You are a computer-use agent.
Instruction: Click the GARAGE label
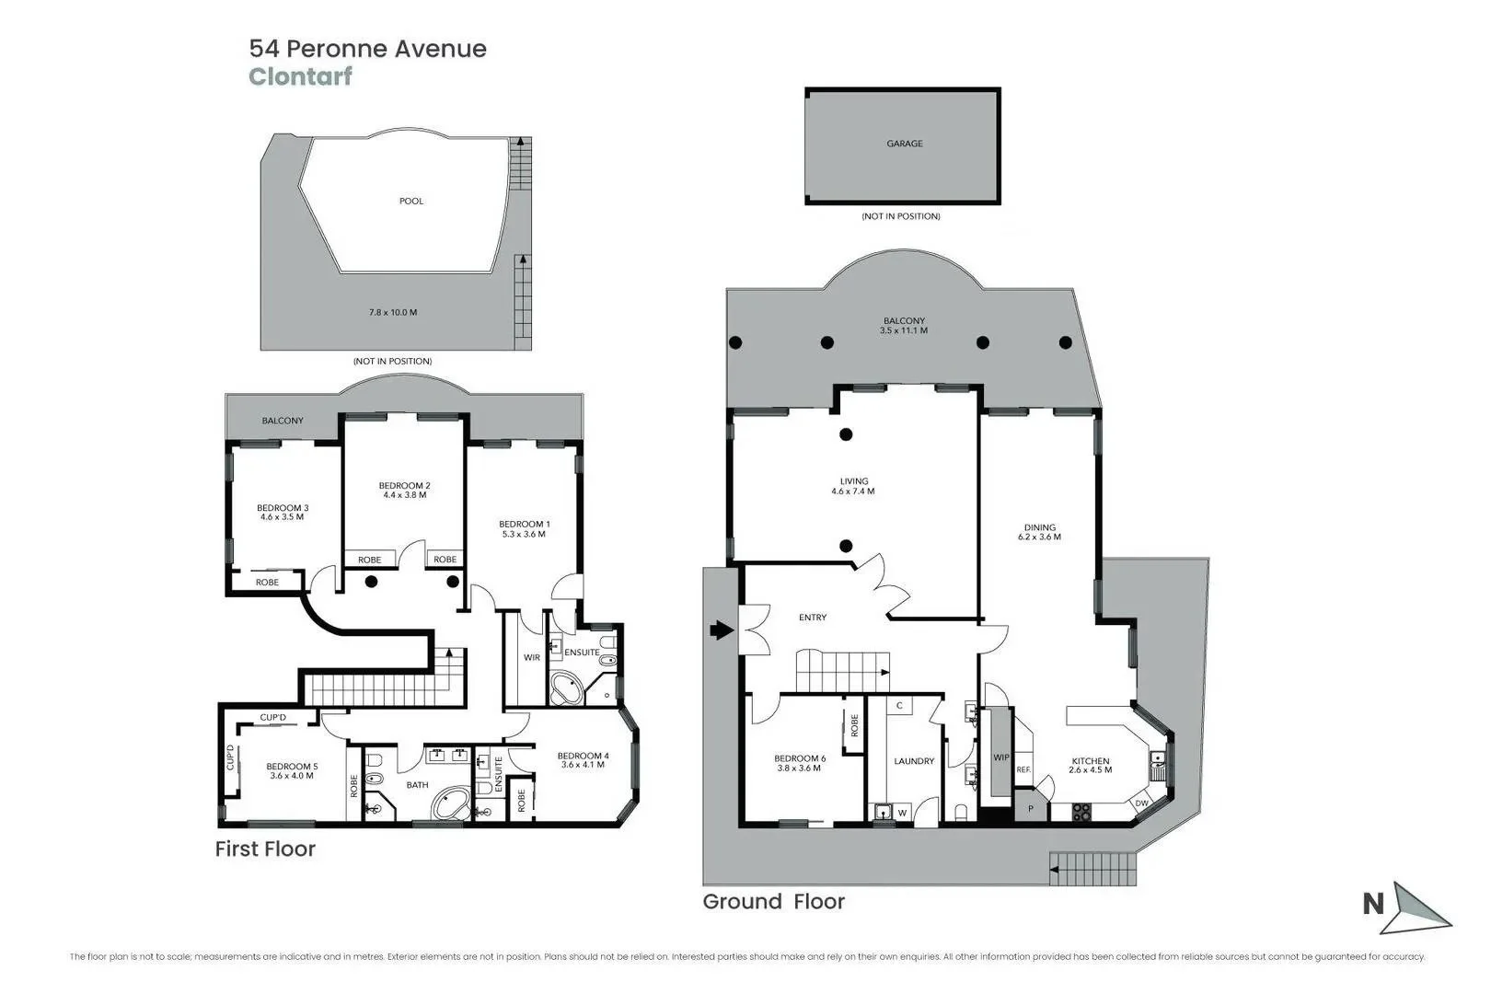904,144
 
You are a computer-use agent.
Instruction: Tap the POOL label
411,201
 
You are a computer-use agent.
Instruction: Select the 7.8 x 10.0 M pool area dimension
393,312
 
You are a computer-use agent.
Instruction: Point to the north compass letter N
1372,905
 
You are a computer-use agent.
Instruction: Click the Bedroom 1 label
524,524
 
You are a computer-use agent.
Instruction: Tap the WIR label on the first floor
532,658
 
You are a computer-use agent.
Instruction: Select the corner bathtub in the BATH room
450,803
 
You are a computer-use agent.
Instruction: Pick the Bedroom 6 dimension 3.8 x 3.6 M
798,769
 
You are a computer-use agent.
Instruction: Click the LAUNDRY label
914,761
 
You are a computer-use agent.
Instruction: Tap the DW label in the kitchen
1141,803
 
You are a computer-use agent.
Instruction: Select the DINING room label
1040,527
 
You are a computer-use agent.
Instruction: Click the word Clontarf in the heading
300,76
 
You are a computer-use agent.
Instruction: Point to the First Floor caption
265,849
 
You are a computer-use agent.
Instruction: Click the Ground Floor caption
773,902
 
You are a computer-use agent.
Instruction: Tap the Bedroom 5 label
292,767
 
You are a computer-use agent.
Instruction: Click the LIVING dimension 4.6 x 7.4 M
853,491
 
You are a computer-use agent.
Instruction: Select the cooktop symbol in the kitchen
1081,812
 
